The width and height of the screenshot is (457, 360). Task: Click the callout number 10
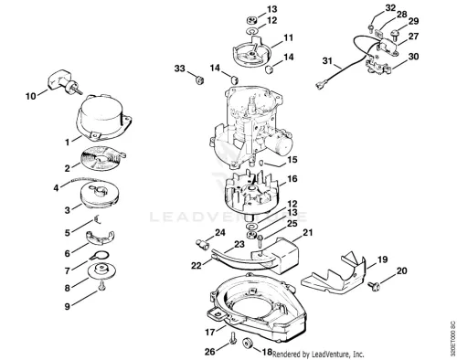(30, 96)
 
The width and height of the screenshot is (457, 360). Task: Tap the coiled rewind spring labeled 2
(101, 158)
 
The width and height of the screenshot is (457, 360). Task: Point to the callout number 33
(180, 69)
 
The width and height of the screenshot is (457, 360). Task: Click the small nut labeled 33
(199, 80)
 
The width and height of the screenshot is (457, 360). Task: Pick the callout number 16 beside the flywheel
(292, 179)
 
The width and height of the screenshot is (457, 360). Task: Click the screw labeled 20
(373, 285)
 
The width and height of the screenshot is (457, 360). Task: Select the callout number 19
(382, 259)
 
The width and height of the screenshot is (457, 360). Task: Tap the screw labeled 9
(102, 286)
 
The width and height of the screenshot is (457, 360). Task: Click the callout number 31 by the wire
(327, 61)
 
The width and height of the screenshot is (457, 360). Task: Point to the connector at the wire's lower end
(322, 84)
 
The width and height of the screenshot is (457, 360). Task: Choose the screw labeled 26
(233, 338)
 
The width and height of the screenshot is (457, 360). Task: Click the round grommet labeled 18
(248, 344)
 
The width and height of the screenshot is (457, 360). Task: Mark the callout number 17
(210, 332)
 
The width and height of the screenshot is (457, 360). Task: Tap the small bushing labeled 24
(201, 244)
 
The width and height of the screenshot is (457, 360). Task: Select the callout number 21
(307, 233)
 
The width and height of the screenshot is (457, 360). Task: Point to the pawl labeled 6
(100, 238)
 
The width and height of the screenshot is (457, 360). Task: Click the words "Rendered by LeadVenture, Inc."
(318, 355)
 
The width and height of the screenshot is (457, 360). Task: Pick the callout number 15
(292, 160)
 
